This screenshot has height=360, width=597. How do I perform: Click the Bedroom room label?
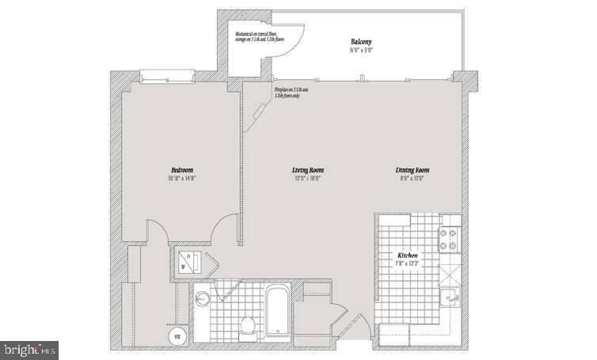(181, 170)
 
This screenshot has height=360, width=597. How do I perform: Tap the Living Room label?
(308, 170)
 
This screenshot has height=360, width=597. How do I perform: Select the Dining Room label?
(413, 170)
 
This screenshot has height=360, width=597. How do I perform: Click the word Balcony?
(362, 41)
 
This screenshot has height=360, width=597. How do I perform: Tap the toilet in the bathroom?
(246, 324)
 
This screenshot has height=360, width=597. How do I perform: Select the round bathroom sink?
(202, 300)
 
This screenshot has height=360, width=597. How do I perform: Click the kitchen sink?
(450, 298)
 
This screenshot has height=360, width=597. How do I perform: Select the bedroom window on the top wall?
(166, 77)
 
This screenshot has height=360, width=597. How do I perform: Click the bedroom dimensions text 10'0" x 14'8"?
(181, 179)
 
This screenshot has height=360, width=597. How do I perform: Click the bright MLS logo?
(29, 347)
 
